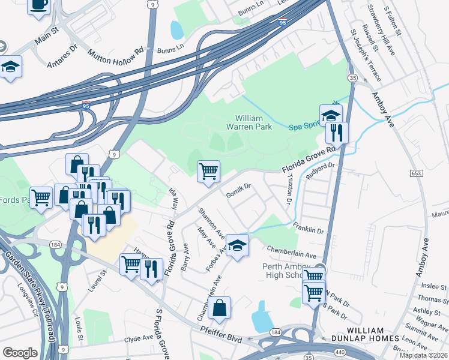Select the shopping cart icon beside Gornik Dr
pos(208,171)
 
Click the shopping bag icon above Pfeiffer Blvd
pos(220,308)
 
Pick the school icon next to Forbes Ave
pos(237,246)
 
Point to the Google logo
pos(20,353)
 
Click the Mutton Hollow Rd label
pos(115,53)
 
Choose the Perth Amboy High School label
pos(285,271)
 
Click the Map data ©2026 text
pos(423,355)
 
